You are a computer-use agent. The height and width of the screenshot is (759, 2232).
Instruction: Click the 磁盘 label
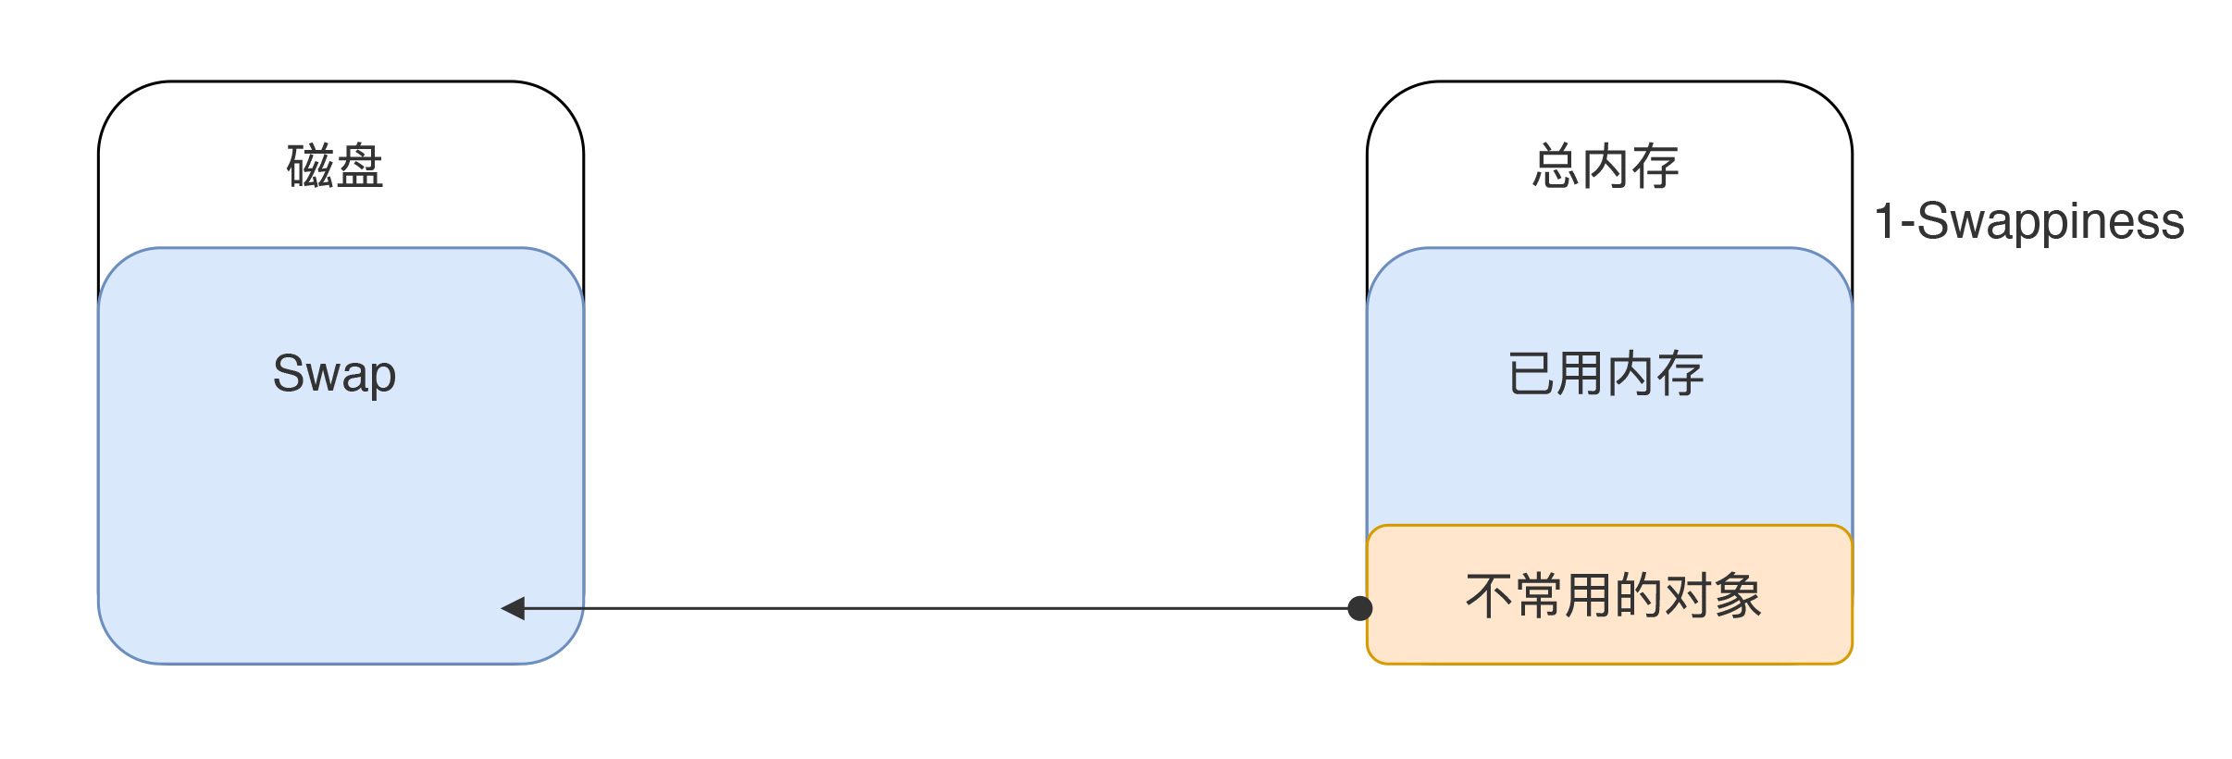(x=335, y=167)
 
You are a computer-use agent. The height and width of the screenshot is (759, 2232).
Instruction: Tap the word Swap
(x=335, y=374)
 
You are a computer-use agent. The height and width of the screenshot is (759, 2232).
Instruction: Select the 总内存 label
(x=1606, y=167)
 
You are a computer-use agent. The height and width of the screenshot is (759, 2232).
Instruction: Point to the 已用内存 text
(x=1606, y=374)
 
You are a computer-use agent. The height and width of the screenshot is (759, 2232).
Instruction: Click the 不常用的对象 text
(x=1613, y=595)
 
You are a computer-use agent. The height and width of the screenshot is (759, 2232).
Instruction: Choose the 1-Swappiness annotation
(x=2028, y=221)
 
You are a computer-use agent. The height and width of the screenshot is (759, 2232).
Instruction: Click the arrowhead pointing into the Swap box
(x=513, y=608)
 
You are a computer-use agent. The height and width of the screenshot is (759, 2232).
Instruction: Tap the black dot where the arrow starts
(x=1360, y=608)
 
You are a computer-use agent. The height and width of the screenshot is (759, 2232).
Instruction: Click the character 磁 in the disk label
(x=311, y=167)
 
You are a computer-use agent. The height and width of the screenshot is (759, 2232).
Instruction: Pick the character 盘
(x=360, y=167)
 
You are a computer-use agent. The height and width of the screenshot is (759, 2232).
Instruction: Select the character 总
(x=1556, y=167)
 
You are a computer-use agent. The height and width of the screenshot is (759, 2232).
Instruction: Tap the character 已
(x=1531, y=374)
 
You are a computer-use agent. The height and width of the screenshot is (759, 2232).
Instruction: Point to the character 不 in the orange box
(x=1489, y=595)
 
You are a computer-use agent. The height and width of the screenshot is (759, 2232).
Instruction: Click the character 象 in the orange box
(x=1738, y=595)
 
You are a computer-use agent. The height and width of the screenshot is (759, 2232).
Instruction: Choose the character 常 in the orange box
(x=1539, y=595)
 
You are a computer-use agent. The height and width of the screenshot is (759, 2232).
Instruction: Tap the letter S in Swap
(x=288, y=373)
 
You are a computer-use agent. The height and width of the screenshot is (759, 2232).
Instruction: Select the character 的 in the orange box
(x=1638, y=595)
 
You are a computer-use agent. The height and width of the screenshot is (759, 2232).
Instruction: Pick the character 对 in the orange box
(x=1688, y=595)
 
